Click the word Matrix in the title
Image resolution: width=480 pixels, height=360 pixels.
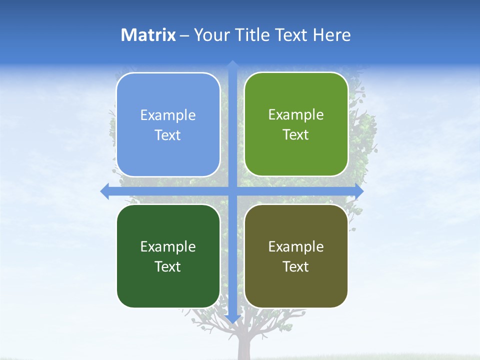point(148,35)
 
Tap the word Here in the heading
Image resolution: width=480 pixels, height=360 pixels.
point(331,35)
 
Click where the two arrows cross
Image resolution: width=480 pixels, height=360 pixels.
point(232,191)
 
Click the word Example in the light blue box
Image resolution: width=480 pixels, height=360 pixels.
point(168,115)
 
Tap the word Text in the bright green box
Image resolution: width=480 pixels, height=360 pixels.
point(296,135)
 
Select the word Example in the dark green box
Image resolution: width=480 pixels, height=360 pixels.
point(168,246)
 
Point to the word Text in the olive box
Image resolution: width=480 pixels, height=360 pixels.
point(296,266)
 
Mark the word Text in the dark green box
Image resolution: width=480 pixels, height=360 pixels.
point(168,266)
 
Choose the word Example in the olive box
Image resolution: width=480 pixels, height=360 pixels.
point(296,246)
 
